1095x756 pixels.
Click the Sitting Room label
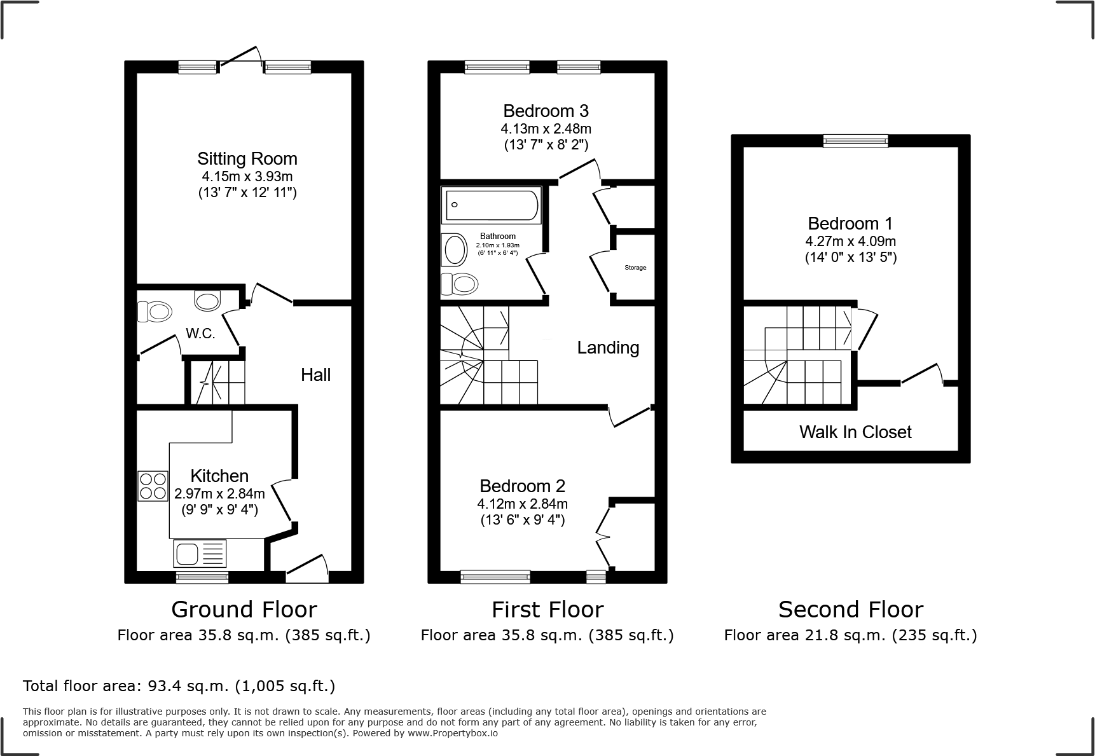click(x=247, y=158)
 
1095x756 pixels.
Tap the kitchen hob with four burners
click(x=153, y=486)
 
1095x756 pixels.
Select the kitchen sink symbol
click(x=200, y=553)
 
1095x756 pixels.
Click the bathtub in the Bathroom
click(x=492, y=205)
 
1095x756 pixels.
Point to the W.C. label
click(x=200, y=333)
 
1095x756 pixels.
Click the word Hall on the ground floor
click(x=315, y=375)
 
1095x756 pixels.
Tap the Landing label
click(x=608, y=347)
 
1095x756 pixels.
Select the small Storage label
click(x=635, y=268)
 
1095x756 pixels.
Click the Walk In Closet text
click(x=855, y=432)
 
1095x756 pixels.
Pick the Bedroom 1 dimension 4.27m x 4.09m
click(x=850, y=241)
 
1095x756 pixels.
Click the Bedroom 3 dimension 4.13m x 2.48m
click(x=546, y=128)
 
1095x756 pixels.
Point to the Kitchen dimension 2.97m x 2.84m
click(x=219, y=493)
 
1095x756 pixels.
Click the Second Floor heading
click(x=850, y=609)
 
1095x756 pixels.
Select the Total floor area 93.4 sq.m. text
click(x=179, y=686)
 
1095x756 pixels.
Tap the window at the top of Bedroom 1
click(x=855, y=141)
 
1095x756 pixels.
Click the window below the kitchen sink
click(x=202, y=577)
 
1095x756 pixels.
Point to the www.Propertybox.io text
click(x=452, y=733)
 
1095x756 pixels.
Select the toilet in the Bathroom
click(x=459, y=284)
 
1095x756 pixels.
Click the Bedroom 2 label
click(x=522, y=486)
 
